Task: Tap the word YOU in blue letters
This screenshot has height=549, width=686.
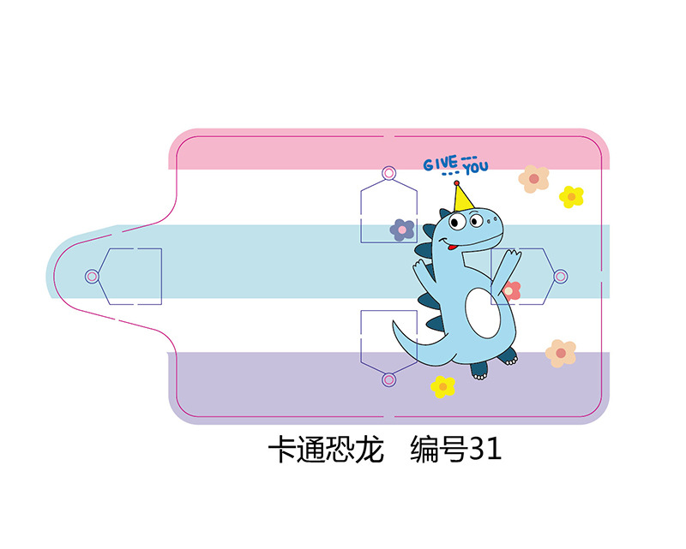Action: coord(475,167)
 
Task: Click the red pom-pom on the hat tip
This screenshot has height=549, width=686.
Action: coord(456,182)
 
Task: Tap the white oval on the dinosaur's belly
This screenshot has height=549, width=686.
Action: coord(483,310)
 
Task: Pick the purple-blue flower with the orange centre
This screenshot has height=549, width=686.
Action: coord(402,229)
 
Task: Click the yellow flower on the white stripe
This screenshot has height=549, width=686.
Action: coord(571,196)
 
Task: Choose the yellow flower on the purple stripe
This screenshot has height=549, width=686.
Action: coord(442,386)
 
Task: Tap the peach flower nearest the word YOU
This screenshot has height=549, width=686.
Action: coord(533,178)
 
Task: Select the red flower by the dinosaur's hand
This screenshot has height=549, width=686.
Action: coord(511,290)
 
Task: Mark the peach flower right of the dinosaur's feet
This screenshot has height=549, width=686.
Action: coord(561,352)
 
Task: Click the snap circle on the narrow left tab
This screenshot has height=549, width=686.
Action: coord(92,277)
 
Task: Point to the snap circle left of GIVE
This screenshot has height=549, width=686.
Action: coord(388,174)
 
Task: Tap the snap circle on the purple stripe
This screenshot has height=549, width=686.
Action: coord(388,379)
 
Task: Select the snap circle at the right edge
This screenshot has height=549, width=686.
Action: coord(561,276)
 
